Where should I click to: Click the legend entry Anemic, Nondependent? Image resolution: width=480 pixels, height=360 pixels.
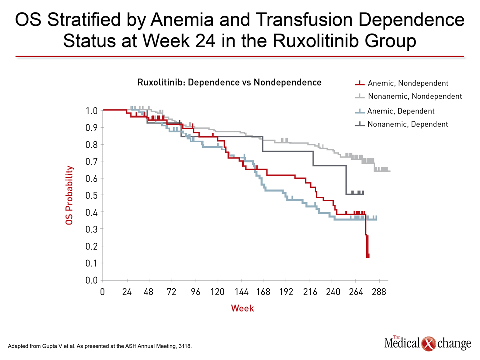(407, 83)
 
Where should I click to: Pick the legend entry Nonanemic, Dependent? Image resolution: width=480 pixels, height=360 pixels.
(407, 124)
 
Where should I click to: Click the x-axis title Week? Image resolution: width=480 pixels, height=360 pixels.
(242, 308)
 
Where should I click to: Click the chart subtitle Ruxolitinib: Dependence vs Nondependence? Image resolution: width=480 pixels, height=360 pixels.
(229, 82)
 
